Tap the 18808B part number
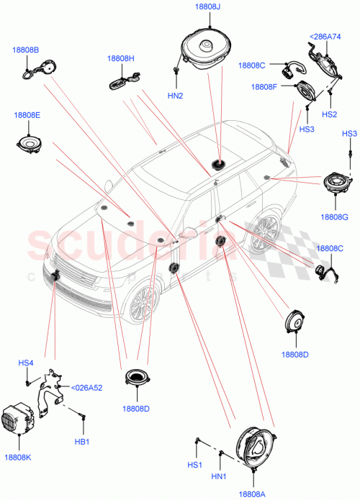(25, 50)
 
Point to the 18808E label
(26, 114)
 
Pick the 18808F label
(264, 87)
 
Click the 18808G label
(336, 215)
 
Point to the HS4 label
(26, 363)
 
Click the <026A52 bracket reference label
(86, 388)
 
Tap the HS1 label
(194, 465)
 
